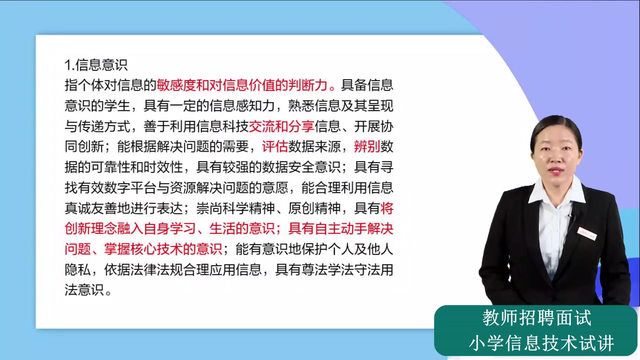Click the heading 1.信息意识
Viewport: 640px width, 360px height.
[96, 64]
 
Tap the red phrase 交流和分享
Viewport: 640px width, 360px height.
[281, 126]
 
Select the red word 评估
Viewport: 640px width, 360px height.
[274, 146]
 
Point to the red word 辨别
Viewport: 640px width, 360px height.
[366, 146]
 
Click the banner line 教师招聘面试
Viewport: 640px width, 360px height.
[536, 318]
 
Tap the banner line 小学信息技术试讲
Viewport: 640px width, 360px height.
[541, 343]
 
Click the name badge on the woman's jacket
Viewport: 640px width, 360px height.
[587, 233]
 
